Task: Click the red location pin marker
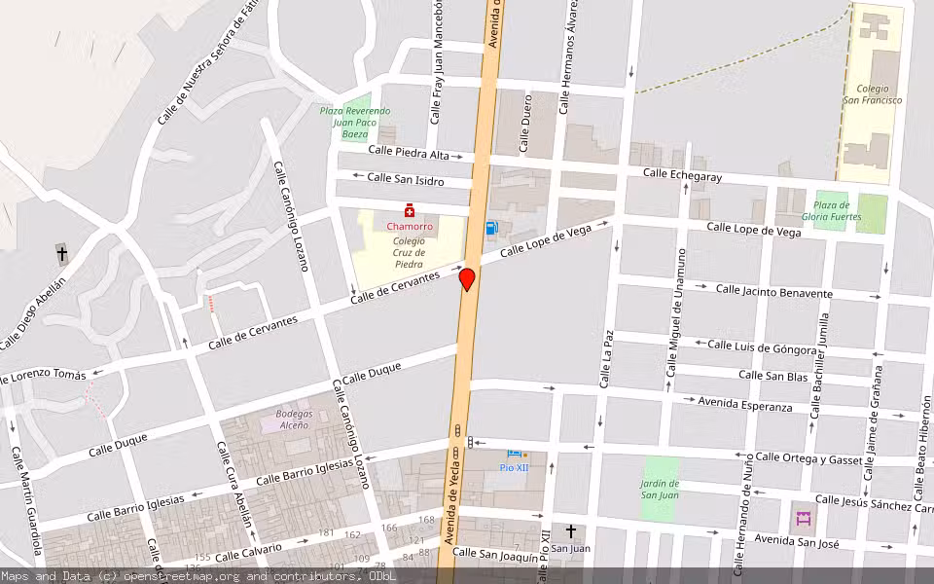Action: (x=467, y=279)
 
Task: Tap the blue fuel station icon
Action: (x=492, y=229)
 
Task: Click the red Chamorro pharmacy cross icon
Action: (x=411, y=210)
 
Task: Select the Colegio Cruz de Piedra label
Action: (x=409, y=252)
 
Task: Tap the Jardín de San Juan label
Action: (x=660, y=490)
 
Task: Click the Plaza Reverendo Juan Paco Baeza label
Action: (x=348, y=124)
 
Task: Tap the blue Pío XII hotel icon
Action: (x=513, y=454)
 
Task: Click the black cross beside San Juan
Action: (x=571, y=531)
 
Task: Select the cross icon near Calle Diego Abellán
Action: (x=62, y=254)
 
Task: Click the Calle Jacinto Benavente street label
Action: (x=774, y=291)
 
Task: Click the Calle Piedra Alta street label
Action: (x=409, y=153)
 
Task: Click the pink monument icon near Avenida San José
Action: (x=804, y=519)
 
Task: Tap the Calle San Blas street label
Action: (x=772, y=376)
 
